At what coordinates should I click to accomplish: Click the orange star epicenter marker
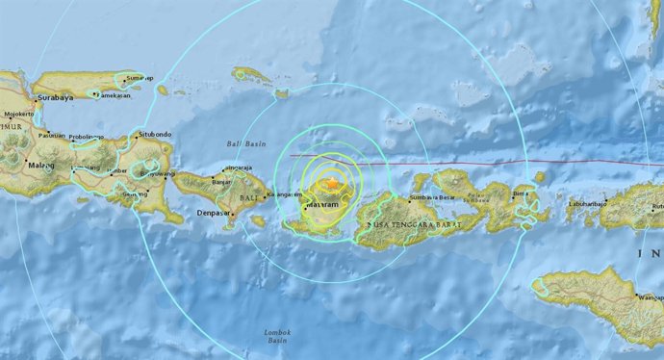pos(333,183)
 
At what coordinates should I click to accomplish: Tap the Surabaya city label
pos(53,98)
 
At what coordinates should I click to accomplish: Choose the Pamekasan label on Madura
pos(113,93)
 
